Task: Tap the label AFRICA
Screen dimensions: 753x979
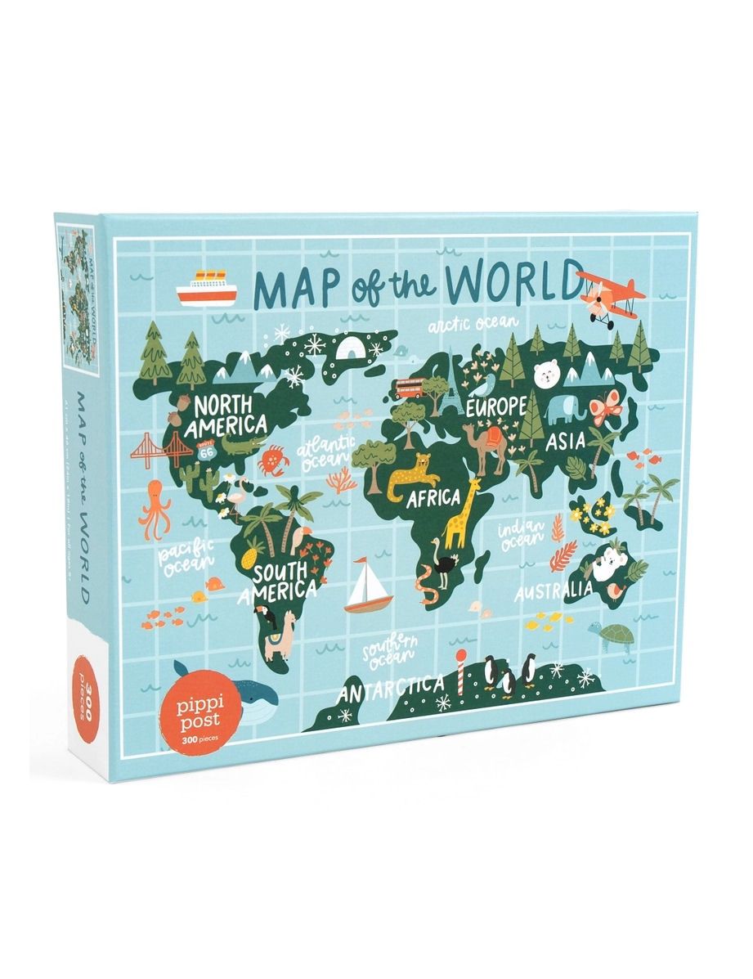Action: click(435, 497)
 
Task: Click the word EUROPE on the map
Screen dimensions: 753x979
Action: click(495, 406)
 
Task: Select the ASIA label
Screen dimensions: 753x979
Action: click(565, 441)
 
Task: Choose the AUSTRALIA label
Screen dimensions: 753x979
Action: click(554, 591)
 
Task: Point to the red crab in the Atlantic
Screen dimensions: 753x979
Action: click(272, 460)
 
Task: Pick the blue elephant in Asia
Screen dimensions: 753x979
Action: click(564, 408)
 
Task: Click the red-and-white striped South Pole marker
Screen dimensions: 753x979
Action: click(461, 671)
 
